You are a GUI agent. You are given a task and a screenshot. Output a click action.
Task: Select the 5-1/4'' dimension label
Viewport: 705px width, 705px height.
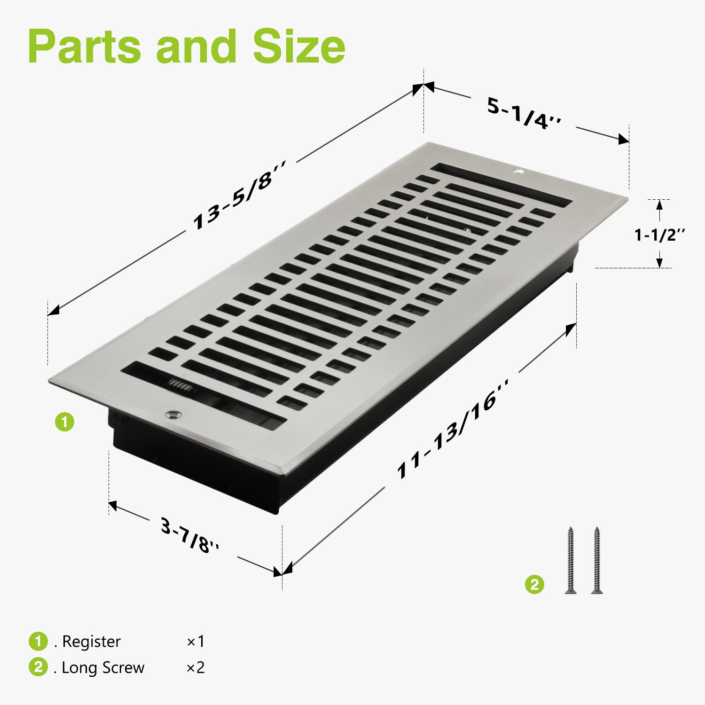(x=524, y=113)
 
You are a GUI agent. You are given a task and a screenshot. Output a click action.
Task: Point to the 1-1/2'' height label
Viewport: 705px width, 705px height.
(x=660, y=234)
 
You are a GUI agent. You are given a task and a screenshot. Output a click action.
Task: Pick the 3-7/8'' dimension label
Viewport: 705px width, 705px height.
(x=190, y=535)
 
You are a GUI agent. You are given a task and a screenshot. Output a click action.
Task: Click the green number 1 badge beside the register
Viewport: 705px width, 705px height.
(x=65, y=422)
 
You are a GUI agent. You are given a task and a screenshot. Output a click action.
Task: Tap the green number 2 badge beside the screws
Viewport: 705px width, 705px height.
(x=534, y=585)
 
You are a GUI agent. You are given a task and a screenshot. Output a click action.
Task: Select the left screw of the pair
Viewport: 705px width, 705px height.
(x=571, y=560)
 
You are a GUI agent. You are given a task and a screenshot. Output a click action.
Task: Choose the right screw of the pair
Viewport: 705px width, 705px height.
(x=596, y=560)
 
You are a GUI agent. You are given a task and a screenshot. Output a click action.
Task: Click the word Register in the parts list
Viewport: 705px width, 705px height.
(x=91, y=642)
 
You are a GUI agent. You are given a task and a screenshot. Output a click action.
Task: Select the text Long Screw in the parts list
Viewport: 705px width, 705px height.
(x=103, y=668)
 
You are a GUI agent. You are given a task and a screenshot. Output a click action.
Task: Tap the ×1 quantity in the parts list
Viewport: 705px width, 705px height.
(x=196, y=642)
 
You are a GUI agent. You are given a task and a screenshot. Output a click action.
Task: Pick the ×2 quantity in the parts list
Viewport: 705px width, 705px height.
(x=196, y=667)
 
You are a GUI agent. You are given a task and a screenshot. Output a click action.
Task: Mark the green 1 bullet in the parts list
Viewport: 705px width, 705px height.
(x=38, y=642)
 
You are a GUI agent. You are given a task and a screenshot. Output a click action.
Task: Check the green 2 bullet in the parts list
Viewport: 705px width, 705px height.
(x=38, y=667)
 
